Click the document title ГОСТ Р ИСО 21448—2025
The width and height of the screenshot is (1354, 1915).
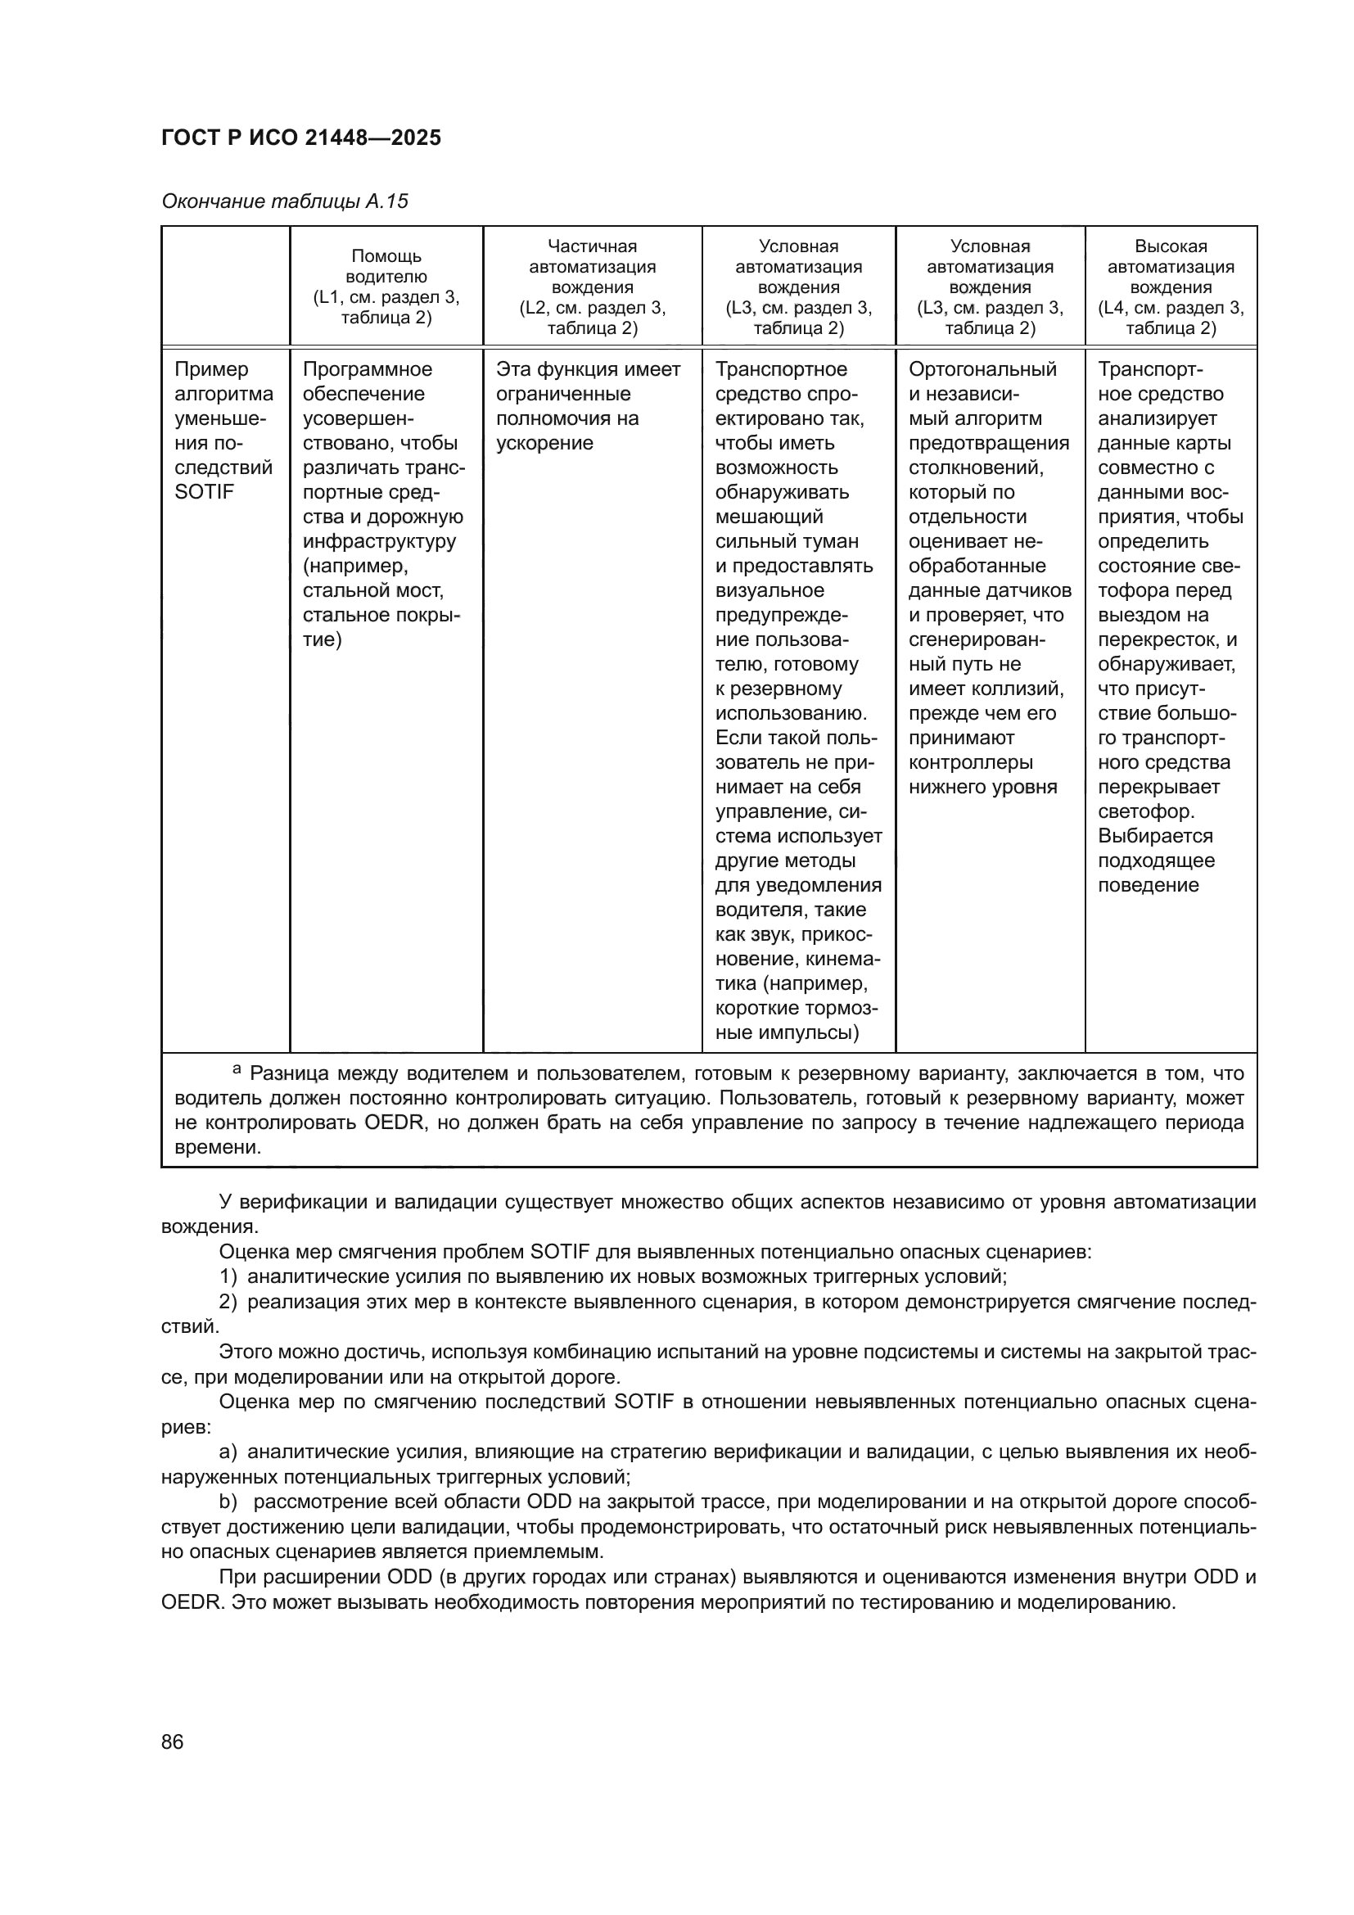click(x=301, y=138)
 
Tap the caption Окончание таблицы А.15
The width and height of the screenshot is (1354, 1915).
click(x=284, y=202)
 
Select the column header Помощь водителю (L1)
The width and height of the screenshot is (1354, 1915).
click(x=386, y=286)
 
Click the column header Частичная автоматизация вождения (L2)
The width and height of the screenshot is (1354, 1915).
click(x=592, y=286)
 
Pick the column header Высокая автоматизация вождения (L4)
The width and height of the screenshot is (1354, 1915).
click(x=1171, y=286)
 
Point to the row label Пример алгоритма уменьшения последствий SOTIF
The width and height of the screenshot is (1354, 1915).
click(x=223, y=431)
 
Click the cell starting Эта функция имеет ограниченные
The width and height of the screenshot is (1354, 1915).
click(x=589, y=406)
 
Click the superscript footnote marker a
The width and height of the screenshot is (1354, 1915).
click(x=237, y=1068)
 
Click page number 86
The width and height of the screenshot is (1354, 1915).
click(x=173, y=1741)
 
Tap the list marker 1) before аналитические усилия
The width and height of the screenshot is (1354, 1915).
click(x=228, y=1276)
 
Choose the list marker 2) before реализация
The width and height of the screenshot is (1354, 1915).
click(x=228, y=1301)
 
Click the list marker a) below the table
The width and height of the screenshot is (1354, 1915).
click(x=228, y=1452)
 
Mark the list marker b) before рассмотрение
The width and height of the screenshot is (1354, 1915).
click(x=228, y=1502)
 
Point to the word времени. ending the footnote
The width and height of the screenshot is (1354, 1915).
click(x=218, y=1147)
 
